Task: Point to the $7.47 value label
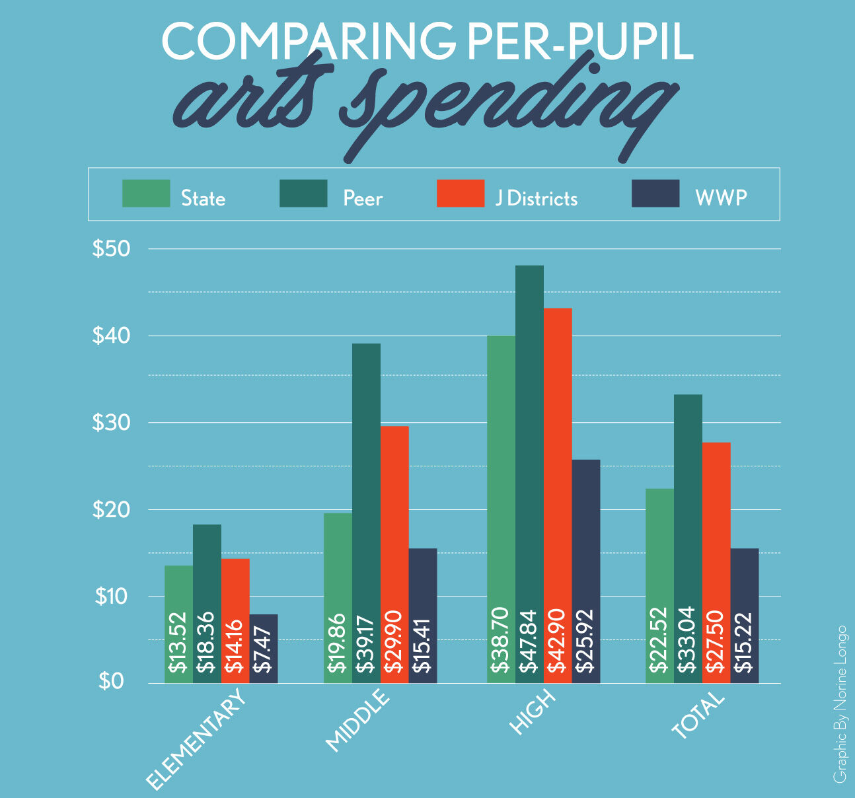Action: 264,651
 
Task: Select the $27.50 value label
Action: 716,639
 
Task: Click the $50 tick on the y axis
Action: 111,249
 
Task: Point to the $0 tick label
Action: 111,681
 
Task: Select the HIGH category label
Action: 532,713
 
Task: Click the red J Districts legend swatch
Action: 461,194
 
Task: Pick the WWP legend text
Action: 721,198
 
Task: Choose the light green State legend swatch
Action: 146,194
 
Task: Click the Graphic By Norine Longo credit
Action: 839,704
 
